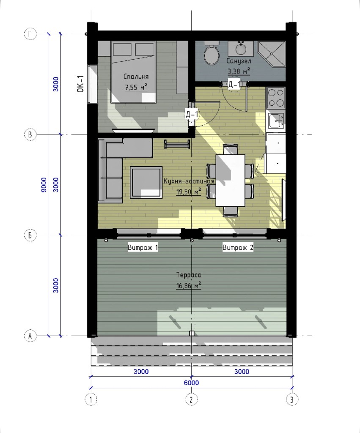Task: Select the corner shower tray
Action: click(271, 54)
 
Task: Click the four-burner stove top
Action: click(276, 98)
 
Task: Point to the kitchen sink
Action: click(276, 121)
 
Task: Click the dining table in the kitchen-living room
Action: click(231, 180)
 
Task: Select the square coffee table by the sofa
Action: click(146, 183)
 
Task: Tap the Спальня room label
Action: click(136, 77)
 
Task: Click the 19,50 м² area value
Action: click(188, 192)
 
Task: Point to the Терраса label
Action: click(189, 275)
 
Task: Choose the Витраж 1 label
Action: click(143, 248)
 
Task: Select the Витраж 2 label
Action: click(238, 248)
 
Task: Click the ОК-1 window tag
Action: click(80, 84)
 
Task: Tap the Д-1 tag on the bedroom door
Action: click(192, 114)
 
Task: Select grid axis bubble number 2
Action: click(191, 399)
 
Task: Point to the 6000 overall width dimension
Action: click(191, 383)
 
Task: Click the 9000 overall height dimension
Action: click(44, 185)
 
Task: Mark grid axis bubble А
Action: click(30, 336)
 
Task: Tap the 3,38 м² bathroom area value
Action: click(239, 71)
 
